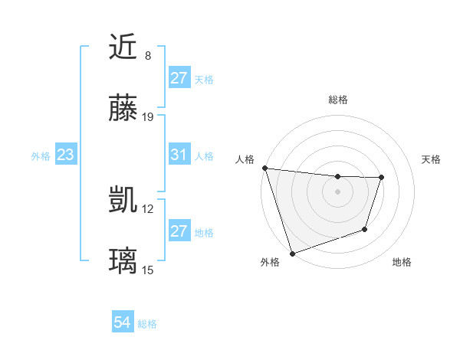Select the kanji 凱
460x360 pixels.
(123, 200)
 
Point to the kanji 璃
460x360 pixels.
(123, 260)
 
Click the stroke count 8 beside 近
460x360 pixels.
(148, 56)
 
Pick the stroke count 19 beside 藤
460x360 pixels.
(148, 117)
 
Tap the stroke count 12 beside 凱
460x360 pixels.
(148, 208)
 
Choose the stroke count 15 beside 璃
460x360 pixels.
(148, 270)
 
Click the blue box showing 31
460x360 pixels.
(179, 155)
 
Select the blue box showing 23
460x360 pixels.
(66, 155)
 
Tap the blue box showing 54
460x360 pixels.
(123, 323)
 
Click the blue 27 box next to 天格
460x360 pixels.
(179, 78)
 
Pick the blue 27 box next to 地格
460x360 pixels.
(179, 231)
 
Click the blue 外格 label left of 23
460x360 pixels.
(41, 155)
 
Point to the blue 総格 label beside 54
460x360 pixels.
(147, 324)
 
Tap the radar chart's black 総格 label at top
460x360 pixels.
(338, 100)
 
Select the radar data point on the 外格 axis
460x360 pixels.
(292, 253)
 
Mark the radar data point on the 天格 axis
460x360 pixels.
(381, 178)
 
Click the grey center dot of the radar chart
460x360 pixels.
(337, 191)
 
